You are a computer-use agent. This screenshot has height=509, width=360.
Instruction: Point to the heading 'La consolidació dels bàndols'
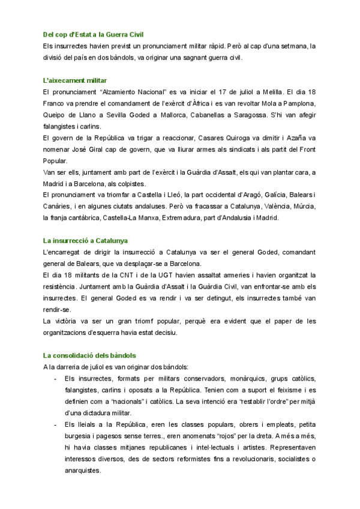[90, 355]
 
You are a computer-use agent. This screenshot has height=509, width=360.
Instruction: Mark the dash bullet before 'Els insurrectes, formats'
[56, 379]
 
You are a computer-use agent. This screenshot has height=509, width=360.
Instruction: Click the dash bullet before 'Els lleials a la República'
[56, 424]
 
